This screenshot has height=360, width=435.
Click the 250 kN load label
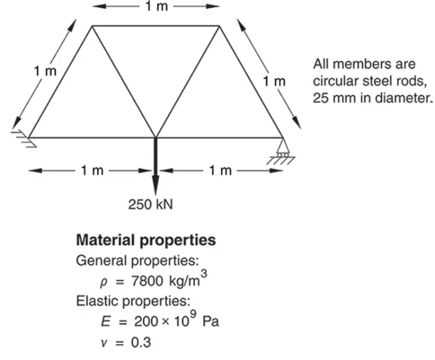tap(150, 204)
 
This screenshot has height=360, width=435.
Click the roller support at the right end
tap(283, 151)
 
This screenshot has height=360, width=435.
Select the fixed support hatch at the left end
tap(24, 138)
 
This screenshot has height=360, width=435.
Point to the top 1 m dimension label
tap(157, 6)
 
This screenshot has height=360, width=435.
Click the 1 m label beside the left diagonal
tap(45, 71)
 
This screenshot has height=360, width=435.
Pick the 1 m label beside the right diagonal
tap(274, 81)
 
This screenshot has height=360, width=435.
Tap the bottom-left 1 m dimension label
tap(92, 170)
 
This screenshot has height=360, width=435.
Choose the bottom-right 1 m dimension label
tap(220, 170)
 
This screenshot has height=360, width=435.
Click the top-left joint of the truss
tap(92, 26)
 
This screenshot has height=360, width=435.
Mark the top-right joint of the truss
tap(219, 26)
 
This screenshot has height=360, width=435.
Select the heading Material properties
tap(146, 240)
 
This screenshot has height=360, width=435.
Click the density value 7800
tap(147, 281)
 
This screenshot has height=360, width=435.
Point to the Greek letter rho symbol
tap(103, 283)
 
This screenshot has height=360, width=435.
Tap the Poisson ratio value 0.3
tap(141, 342)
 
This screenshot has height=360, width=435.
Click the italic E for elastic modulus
tap(105, 321)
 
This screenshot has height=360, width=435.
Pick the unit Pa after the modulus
tap(211, 321)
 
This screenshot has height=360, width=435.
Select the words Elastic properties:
tap(133, 301)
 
